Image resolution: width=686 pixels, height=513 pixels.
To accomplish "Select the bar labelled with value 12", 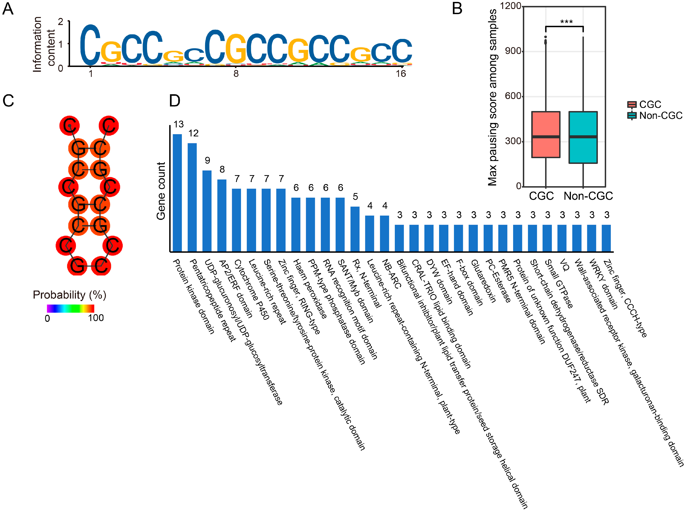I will [192, 197].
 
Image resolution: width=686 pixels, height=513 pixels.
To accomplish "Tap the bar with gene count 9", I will [207, 211].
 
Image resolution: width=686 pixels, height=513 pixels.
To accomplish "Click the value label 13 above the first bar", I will [178, 124].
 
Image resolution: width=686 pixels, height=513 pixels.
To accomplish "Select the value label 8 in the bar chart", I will [222, 169].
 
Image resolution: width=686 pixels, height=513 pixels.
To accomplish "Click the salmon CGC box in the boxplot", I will [546, 134].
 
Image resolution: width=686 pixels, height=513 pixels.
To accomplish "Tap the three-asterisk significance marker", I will [566, 22].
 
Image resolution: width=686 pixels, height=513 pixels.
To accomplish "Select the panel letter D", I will [175, 101].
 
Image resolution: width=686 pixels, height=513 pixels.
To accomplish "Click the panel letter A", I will [8, 9].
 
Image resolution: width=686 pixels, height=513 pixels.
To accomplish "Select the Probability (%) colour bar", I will [70, 308].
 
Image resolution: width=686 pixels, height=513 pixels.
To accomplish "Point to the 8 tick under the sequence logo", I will [236, 74].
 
